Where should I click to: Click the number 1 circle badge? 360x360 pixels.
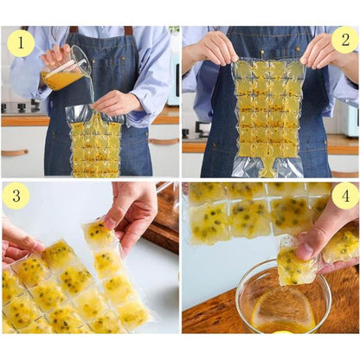[x=21, y=43]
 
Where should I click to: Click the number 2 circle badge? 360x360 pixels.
[x=345, y=40]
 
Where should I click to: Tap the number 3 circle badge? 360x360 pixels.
[x=16, y=196]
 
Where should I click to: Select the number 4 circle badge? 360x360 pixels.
[x=345, y=196]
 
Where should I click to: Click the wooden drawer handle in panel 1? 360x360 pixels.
[x=15, y=152]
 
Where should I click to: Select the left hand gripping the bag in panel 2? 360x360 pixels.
[x=213, y=48]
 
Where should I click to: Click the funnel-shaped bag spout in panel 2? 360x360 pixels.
[x=267, y=168]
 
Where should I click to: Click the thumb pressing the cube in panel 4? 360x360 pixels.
[x=306, y=248]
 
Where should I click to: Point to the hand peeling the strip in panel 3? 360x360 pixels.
[x=131, y=214]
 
